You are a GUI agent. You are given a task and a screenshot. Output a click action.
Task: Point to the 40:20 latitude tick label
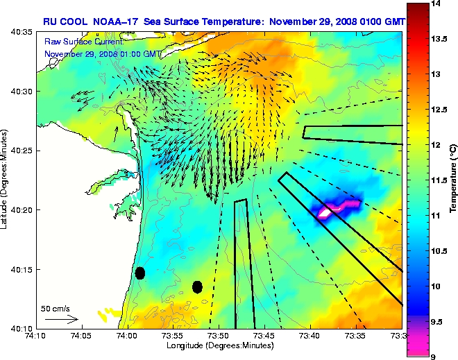coord(23,209)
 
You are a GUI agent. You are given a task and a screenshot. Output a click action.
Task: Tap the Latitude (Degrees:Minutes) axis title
coord(6,180)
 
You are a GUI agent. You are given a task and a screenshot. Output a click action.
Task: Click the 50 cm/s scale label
coord(55,308)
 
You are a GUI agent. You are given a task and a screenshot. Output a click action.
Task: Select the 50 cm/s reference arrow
coord(62,319)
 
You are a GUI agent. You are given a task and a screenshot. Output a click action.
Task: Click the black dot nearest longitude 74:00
coord(140,273)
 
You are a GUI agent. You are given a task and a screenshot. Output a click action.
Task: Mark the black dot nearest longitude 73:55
coord(197,286)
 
